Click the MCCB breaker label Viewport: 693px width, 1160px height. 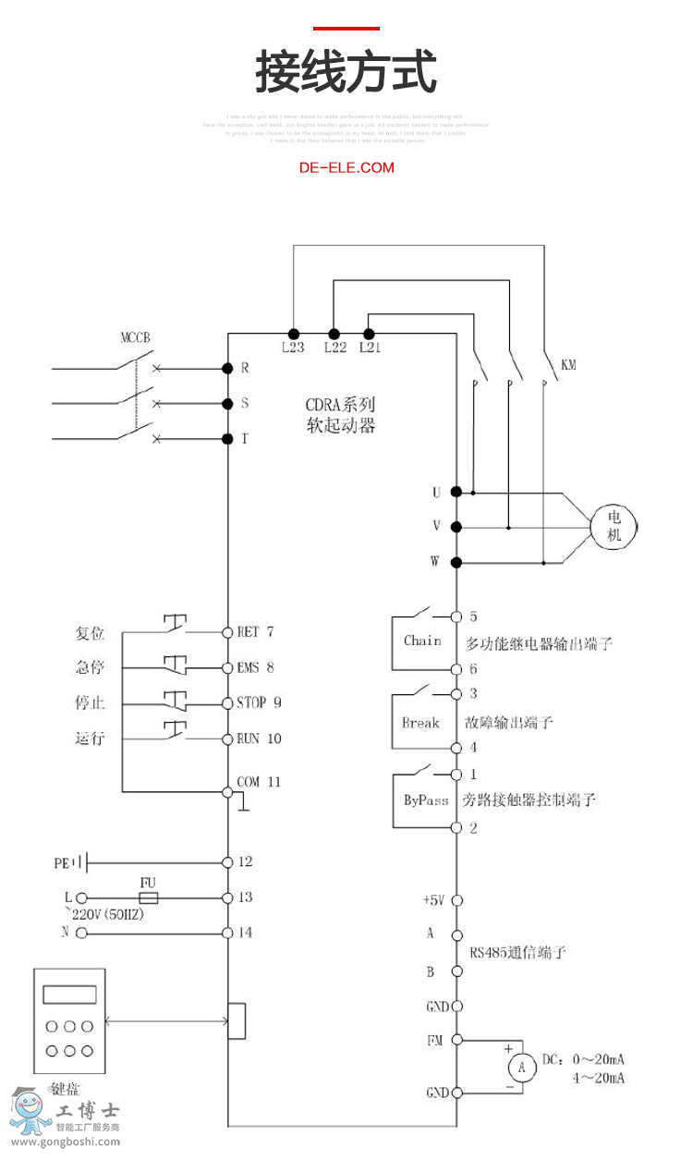[135, 337]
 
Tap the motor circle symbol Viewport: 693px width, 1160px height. [614, 527]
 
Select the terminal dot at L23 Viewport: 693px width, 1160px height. [293, 334]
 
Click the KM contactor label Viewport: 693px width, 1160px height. [568, 365]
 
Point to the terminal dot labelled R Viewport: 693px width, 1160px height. [227, 368]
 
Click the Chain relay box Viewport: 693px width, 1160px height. [422, 641]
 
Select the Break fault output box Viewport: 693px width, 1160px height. [420, 722]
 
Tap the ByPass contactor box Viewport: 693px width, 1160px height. [425, 800]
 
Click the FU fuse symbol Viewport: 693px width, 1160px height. [148, 897]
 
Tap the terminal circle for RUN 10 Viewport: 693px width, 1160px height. [227, 739]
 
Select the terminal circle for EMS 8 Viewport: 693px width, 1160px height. [227, 667]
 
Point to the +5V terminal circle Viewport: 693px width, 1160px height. [456, 899]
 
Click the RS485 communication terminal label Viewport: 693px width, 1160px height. [517, 952]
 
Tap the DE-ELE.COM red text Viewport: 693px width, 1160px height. [346, 167]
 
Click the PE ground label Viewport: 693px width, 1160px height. [62, 863]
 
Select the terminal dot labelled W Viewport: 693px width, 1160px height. [456, 562]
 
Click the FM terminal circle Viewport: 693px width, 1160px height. [456, 1041]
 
